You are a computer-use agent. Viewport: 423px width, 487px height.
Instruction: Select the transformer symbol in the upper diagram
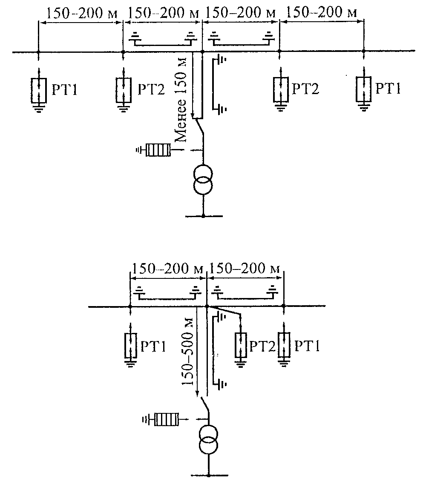203,180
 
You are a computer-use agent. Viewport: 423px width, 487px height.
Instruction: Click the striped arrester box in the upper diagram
158,150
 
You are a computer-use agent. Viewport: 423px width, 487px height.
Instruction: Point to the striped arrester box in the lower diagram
166,420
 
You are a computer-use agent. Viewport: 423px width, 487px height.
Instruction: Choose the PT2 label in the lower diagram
262,346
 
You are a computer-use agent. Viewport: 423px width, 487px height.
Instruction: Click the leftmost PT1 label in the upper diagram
64,90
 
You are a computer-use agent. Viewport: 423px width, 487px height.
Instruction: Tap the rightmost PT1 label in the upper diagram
388,88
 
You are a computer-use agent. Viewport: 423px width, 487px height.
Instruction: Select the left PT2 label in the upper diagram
151,89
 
